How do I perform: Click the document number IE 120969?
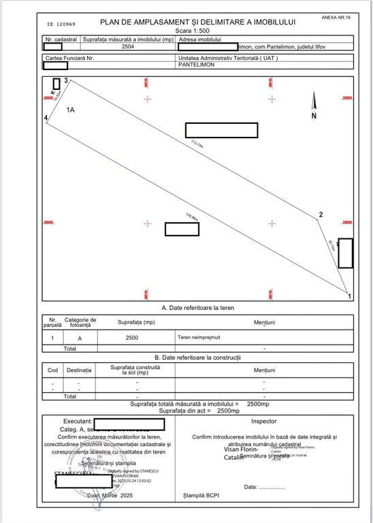[x=62, y=23]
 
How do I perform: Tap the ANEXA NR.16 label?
[x=336, y=16]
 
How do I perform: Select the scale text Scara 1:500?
[x=198, y=31]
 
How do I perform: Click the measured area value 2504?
[x=128, y=47]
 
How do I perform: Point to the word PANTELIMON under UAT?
[x=197, y=65]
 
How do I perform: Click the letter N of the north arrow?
[x=314, y=116]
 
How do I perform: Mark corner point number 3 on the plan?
[x=66, y=81]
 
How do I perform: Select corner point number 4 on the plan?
[x=46, y=118]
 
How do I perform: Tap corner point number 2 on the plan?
[x=321, y=216]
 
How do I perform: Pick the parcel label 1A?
[x=70, y=109]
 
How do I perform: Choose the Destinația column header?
[x=78, y=370]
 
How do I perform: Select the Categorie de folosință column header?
[x=80, y=322]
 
